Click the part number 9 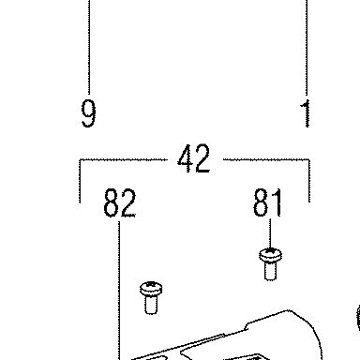coord(88,113)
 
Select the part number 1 coord(306,113)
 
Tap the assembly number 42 coord(194,158)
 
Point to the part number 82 coord(120,202)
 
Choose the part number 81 coord(267,202)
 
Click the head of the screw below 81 coord(270,256)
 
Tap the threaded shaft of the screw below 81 coord(270,271)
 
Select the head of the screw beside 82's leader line coord(151,289)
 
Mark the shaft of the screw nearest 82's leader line coord(151,305)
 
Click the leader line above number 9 coord(89,46)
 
